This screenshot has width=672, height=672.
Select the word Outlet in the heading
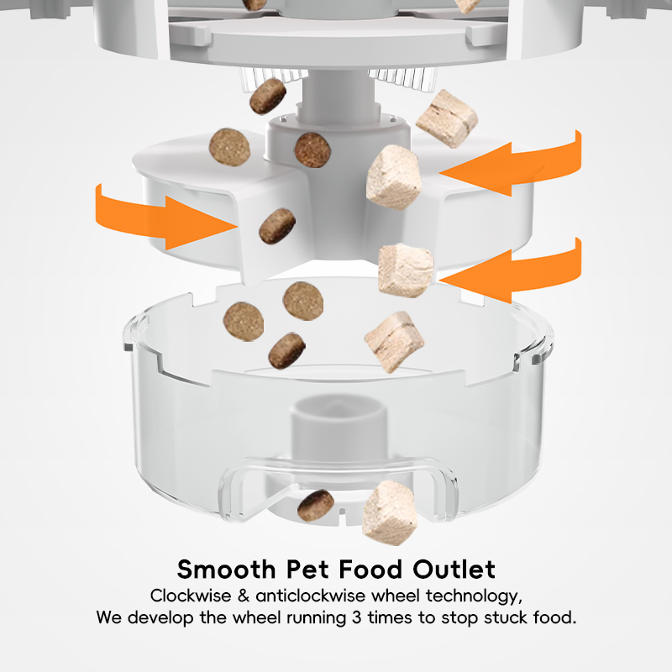[x=454, y=570]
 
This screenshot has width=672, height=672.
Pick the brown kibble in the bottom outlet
[x=316, y=504]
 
